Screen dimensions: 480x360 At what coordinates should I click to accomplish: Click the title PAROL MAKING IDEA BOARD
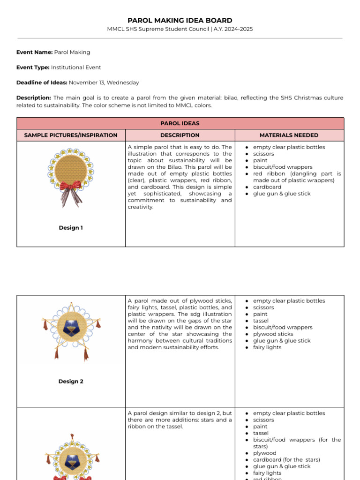[x=180, y=21]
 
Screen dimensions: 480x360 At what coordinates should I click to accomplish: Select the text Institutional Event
[x=76, y=67]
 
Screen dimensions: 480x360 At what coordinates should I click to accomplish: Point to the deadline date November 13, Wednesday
[x=104, y=82]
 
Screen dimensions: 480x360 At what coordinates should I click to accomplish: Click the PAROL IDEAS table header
[x=180, y=123]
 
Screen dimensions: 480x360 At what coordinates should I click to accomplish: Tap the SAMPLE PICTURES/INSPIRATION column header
[x=71, y=135]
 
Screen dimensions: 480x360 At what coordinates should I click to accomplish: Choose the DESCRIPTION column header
[x=180, y=135]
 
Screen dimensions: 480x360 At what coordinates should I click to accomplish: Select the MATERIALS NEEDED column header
[x=289, y=135]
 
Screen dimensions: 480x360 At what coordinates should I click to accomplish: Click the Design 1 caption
[x=71, y=228]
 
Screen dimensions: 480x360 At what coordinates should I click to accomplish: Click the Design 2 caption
[x=71, y=382]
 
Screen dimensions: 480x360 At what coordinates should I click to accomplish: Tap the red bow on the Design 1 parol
[x=71, y=187]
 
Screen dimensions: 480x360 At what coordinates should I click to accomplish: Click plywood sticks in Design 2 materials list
[x=273, y=334]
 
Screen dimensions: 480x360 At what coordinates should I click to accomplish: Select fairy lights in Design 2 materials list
[x=267, y=347]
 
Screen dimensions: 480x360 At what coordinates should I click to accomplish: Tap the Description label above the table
[x=33, y=98]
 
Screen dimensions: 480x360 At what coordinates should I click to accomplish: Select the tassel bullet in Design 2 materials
[x=261, y=321]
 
